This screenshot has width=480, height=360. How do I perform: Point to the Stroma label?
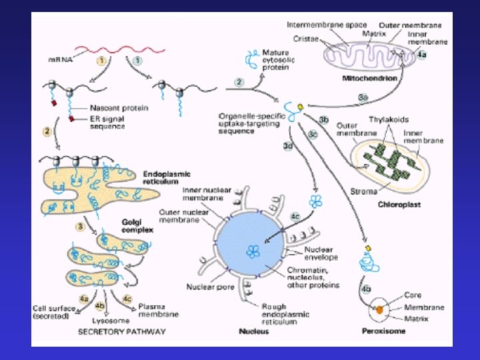363,191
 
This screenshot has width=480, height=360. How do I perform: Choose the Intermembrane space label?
317,25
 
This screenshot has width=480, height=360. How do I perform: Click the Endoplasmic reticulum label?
167,177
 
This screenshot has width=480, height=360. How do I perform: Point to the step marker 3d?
288,145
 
